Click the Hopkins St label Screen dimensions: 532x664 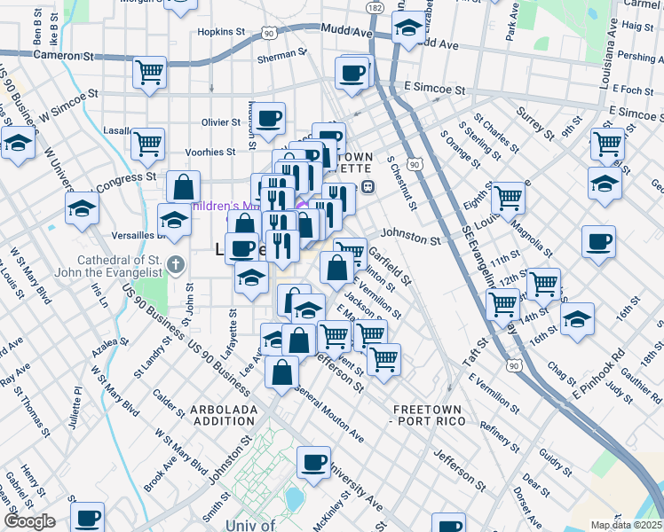tap(221, 31)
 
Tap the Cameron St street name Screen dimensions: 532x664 tap(63, 55)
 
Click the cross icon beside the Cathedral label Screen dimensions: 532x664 tap(176, 263)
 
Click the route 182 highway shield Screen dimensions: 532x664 tap(375, 7)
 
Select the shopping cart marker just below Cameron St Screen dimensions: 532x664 tap(150, 73)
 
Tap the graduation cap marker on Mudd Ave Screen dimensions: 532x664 tap(408, 28)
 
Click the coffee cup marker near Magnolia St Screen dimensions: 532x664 tap(598, 241)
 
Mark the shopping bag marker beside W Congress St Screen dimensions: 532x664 tap(183, 187)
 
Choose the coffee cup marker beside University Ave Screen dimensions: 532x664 tap(312, 463)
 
